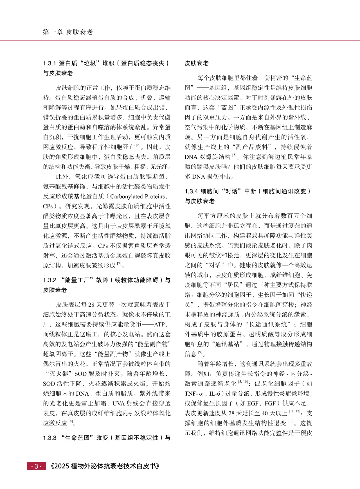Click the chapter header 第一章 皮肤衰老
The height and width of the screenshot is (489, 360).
point(68,32)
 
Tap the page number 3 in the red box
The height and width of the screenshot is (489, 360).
point(36,466)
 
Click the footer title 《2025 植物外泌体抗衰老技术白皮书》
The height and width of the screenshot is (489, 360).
point(105,466)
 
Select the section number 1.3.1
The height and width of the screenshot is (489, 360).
point(50,63)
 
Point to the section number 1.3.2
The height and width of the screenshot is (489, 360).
point(50,280)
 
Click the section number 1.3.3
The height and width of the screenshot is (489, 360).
point(50,438)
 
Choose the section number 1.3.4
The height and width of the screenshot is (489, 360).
point(191,191)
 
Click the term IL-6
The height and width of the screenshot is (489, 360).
point(214,394)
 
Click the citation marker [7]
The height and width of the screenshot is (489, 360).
point(119,264)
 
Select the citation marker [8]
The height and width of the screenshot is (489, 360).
point(71,422)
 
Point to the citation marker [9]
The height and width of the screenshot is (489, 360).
point(200,353)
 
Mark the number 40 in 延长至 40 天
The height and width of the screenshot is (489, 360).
point(265,414)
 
